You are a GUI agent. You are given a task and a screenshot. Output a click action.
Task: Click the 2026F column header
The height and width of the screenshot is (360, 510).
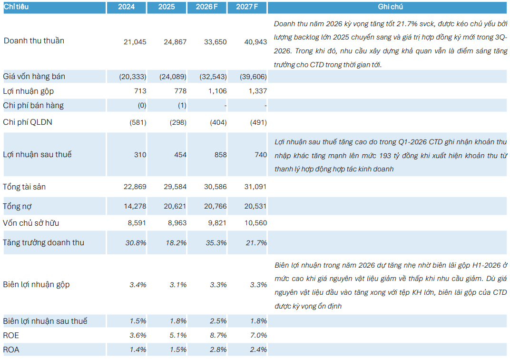point(206,7)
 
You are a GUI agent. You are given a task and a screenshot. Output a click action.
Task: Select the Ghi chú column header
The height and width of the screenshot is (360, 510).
point(390,7)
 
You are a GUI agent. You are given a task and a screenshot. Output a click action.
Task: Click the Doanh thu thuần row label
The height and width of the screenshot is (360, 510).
point(34,40)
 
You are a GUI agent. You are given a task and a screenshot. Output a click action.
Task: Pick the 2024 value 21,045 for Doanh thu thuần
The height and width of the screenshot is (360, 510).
point(135,42)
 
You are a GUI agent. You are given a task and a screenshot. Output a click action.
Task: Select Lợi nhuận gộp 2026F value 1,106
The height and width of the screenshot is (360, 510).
point(217,91)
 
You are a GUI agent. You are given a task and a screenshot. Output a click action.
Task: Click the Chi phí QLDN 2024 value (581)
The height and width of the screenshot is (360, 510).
point(138,122)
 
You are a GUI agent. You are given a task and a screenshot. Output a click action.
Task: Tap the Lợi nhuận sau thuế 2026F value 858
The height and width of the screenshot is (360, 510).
point(221,155)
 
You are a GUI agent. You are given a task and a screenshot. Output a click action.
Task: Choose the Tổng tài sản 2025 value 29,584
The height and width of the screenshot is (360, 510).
point(175,187)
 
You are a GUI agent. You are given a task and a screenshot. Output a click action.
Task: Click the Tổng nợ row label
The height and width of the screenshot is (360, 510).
point(17,206)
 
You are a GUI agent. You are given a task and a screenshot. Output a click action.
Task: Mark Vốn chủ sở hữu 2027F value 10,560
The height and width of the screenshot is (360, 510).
point(255,223)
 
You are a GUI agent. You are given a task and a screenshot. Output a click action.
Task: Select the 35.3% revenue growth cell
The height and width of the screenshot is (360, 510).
point(216,243)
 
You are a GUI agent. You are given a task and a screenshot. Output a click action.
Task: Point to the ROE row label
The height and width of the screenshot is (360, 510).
point(11,336)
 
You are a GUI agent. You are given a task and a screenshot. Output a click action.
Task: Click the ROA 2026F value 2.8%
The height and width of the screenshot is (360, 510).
point(218,350)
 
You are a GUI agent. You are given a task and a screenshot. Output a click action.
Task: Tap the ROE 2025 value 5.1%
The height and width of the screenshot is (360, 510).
point(178,336)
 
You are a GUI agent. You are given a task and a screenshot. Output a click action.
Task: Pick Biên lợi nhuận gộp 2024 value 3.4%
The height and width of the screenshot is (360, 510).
point(138,285)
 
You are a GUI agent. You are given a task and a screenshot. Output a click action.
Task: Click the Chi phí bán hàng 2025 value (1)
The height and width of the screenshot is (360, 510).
point(182,105)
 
